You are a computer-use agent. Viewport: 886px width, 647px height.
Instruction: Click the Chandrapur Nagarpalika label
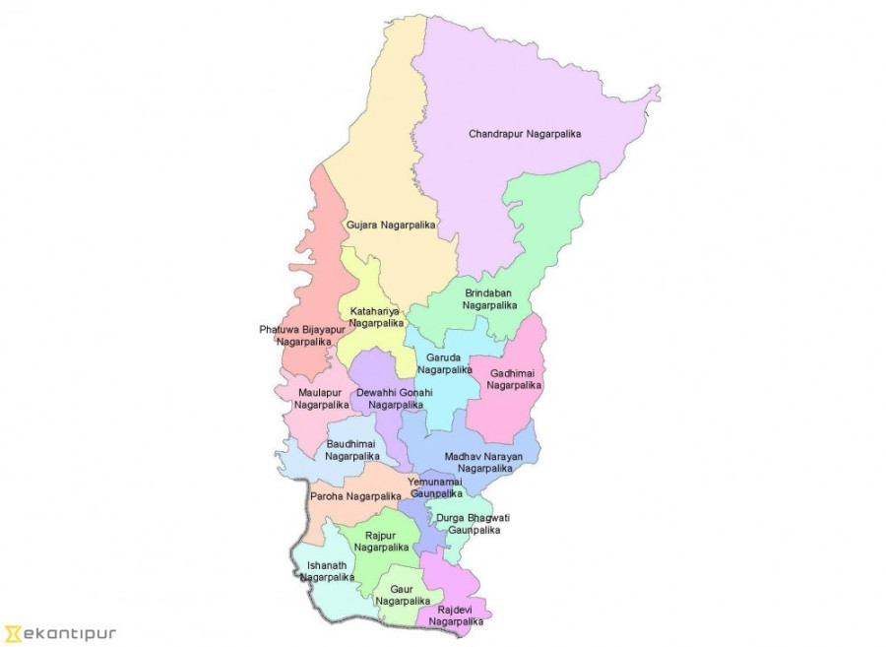tap(525, 134)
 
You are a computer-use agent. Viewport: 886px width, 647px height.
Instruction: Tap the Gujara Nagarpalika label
tap(391, 226)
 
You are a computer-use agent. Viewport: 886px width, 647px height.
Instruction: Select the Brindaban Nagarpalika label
tap(490, 298)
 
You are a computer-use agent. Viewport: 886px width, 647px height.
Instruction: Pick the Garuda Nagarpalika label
tap(444, 363)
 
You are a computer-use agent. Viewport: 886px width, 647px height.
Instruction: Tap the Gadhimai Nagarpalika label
tap(514, 379)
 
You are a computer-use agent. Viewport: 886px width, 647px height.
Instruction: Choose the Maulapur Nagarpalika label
tap(321, 398)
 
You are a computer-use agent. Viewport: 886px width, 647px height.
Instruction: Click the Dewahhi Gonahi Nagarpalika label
tap(394, 398)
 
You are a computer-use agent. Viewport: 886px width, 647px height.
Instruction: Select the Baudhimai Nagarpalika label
tap(351, 450)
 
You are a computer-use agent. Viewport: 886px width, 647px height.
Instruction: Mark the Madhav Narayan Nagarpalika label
tap(483, 462)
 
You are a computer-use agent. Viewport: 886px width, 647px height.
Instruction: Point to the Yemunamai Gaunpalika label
tap(435, 486)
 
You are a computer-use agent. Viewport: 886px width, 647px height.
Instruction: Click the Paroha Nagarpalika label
tap(355, 496)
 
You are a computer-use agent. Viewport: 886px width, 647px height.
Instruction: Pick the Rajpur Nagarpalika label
tap(381, 541)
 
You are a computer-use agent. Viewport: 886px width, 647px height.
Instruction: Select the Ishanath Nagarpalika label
tap(327, 571)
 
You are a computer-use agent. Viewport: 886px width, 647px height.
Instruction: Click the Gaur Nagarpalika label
tap(403, 594)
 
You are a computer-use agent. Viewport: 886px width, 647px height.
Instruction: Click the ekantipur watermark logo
tap(60, 633)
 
